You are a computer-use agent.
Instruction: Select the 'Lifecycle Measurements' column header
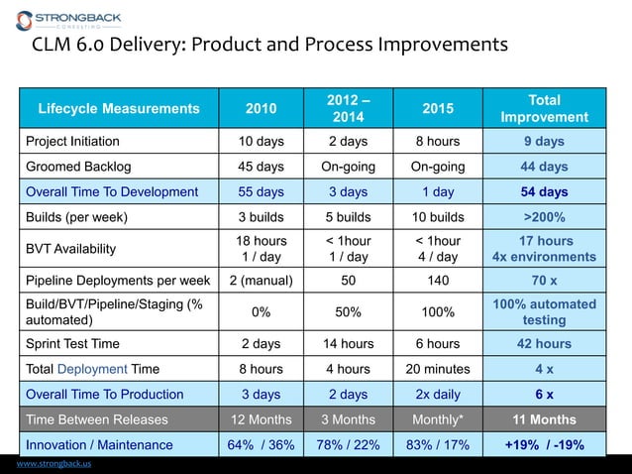click(x=118, y=108)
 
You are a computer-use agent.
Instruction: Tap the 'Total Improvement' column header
click(x=544, y=108)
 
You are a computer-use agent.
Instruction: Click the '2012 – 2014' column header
click(x=348, y=108)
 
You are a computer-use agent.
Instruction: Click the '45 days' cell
click(x=262, y=167)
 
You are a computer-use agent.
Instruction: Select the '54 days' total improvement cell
click(x=544, y=191)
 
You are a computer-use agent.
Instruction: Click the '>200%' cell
click(x=544, y=217)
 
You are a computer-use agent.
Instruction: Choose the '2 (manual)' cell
click(x=262, y=280)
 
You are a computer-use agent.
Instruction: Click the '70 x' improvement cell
click(x=544, y=280)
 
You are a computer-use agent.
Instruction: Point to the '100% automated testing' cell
click(x=544, y=311)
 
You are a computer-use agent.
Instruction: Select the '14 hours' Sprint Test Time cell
click(x=348, y=344)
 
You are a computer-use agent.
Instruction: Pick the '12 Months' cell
click(x=262, y=419)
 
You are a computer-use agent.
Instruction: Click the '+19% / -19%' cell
click(x=544, y=445)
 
